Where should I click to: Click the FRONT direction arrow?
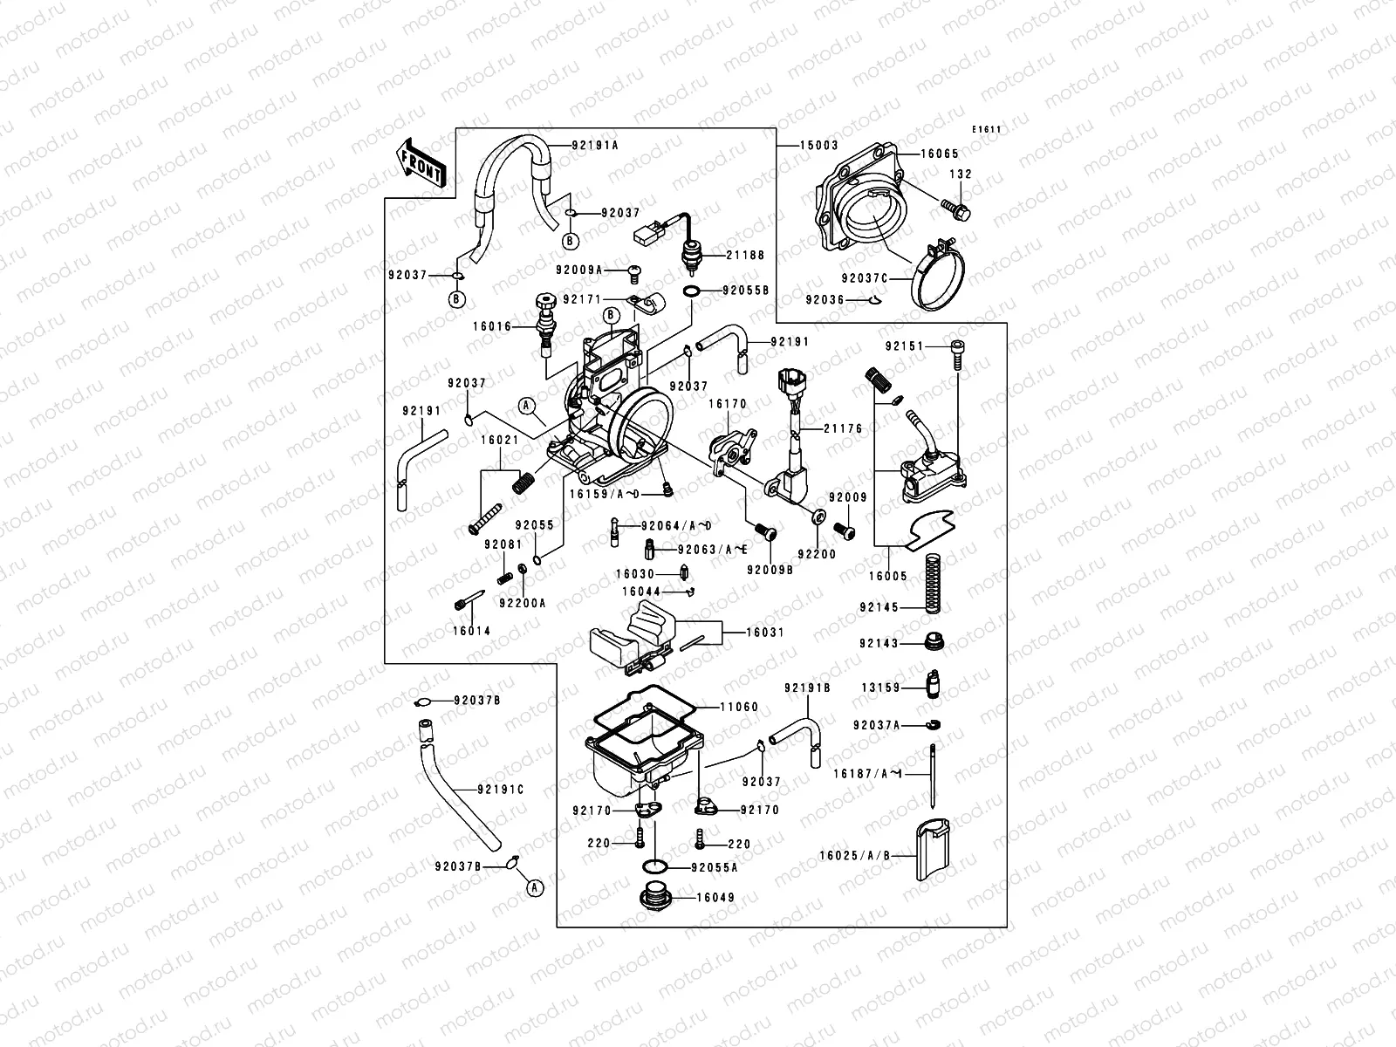pos(422,162)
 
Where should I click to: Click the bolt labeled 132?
pos(958,209)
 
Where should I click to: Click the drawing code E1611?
pos(988,130)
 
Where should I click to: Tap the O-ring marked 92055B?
pos(690,291)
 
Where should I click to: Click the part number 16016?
pos(492,326)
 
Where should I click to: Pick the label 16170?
pos(727,404)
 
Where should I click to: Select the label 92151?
pos(903,346)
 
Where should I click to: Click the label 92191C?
pos(501,790)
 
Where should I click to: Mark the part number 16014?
pos(471,631)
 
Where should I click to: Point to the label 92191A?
pos(595,145)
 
